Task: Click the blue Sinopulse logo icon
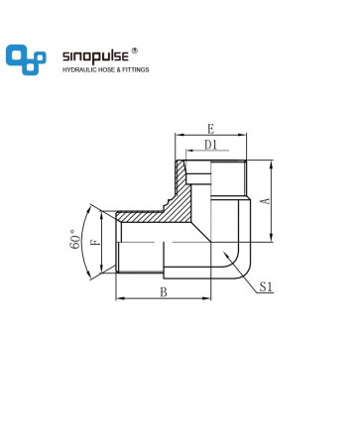[26, 59]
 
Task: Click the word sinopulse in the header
[95, 56]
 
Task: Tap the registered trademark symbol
[135, 51]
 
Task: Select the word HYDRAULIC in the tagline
[78, 69]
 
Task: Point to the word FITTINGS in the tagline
[136, 69]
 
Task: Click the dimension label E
[210, 129]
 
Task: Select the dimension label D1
[210, 145]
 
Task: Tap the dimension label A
[266, 200]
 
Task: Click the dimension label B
[164, 292]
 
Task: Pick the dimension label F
[95, 242]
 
